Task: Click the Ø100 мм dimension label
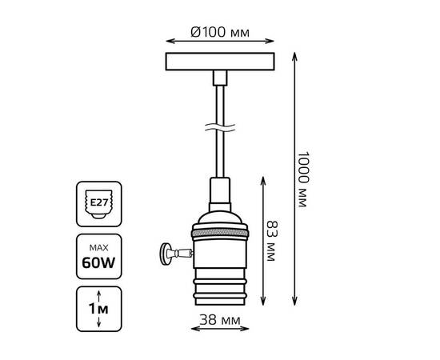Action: tap(220, 32)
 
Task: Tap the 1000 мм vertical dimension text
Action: tap(302, 179)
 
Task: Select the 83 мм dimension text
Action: tap(271, 241)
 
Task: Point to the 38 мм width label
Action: tap(220, 320)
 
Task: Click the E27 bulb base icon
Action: tap(98, 204)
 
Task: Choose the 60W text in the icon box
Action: tap(98, 263)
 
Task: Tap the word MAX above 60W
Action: tap(98, 247)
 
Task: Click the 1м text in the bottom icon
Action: tap(98, 309)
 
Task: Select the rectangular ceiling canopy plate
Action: tap(220, 62)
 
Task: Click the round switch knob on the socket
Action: tap(164, 254)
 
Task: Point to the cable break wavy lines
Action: tap(220, 128)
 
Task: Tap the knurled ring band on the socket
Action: tap(220, 233)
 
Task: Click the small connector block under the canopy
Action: tap(220, 78)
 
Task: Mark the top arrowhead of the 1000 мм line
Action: tap(294, 56)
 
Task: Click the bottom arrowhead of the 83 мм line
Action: tap(263, 301)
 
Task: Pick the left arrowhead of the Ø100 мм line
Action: tap(170, 42)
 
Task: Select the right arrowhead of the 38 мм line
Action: tap(245, 329)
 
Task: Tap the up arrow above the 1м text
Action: tap(98, 296)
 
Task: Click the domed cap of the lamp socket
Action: tap(220, 218)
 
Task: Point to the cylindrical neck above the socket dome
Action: tap(220, 194)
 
